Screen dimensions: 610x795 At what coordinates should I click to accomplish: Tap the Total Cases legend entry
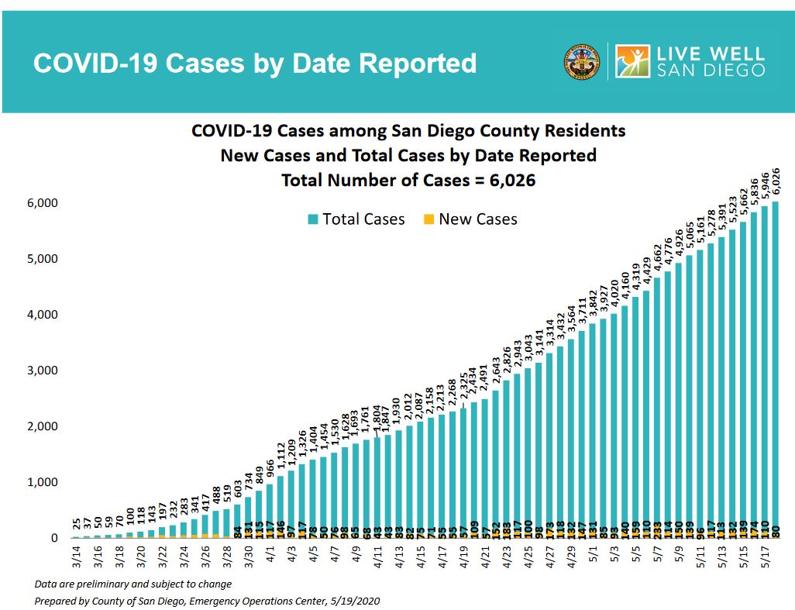click(x=356, y=219)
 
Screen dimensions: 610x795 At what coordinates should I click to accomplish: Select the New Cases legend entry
click(x=470, y=219)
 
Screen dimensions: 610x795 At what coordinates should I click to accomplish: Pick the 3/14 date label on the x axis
click(x=77, y=557)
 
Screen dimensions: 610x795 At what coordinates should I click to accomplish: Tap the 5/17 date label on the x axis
click(x=765, y=557)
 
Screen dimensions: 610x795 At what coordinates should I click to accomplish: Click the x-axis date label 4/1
click(x=270, y=556)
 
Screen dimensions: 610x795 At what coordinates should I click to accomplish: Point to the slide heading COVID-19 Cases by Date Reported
click(x=255, y=64)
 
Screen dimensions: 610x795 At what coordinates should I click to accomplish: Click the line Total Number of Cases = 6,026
click(x=408, y=181)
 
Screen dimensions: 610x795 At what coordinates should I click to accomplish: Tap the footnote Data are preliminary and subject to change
click(x=132, y=584)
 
